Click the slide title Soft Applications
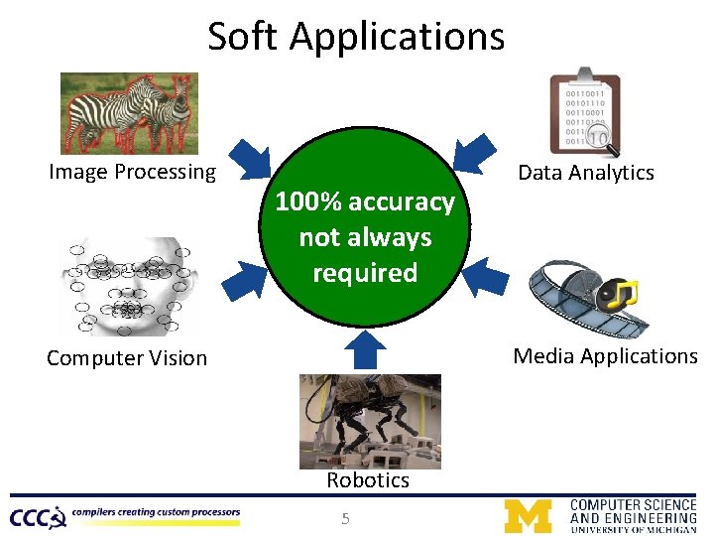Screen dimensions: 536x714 coord(356,37)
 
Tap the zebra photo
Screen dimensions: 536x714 coord(129,112)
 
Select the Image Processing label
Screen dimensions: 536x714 coord(132,172)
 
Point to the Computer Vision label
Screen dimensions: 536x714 coord(127,358)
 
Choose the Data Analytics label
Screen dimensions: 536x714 coord(586,173)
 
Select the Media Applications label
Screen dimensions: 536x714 coord(605,356)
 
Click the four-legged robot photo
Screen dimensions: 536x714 coord(370,421)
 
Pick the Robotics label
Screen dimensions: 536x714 coord(368,480)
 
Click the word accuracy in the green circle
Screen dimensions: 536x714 coord(402,202)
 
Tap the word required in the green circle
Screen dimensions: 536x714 coord(365,273)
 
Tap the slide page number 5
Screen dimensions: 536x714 coord(345,517)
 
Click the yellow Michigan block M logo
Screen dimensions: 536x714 coord(528,516)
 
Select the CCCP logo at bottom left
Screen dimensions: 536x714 coord(38,516)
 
